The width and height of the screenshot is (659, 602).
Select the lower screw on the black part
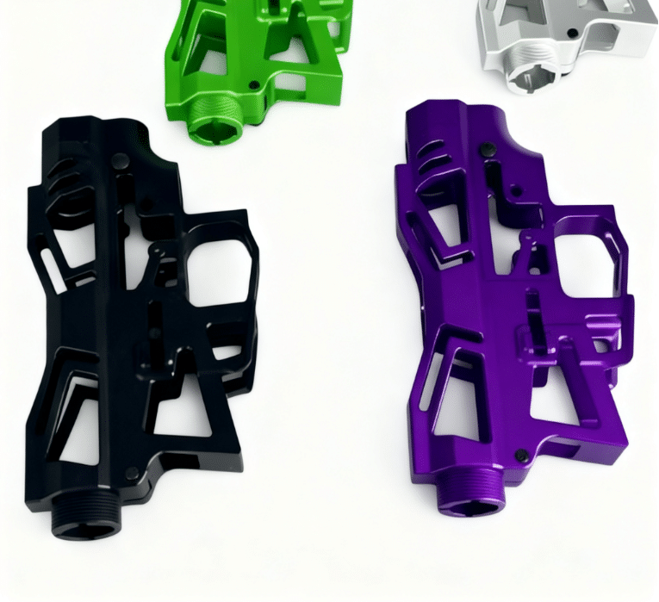tap(131, 473)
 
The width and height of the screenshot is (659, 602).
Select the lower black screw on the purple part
tap(520, 454)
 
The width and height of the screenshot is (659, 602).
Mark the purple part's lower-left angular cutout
tap(448, 392)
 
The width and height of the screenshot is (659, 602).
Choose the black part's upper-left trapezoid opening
tap(69, 233)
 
